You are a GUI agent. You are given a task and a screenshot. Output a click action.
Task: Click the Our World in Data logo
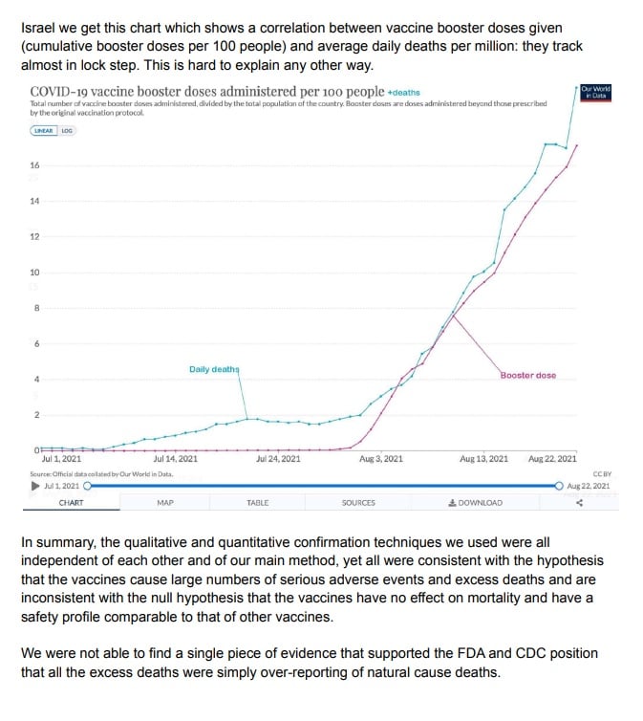(595, 93)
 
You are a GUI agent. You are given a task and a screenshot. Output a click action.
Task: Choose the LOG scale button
(67, 130)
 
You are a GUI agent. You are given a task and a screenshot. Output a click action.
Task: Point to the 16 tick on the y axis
(35, 165)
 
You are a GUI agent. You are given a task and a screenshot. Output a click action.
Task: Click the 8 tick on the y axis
(36, 308)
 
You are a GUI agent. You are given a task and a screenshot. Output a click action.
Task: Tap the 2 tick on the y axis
(36, 415)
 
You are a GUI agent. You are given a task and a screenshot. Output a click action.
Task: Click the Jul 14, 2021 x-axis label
(175, 459)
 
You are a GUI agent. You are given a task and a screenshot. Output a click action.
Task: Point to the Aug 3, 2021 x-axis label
(381, 459)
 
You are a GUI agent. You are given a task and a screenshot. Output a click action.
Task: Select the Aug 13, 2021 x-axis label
(484, 459)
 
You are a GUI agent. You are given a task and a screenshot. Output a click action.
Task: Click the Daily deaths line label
(214, 369)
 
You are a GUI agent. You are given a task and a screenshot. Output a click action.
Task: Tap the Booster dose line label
(527, 376)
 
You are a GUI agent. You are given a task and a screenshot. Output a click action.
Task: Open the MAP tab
(164, 503)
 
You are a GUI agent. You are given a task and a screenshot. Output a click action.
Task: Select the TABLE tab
(258, 503)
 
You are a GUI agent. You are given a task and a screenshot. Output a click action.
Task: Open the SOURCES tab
(358, 503)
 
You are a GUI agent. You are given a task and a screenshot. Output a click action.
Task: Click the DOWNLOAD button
(475, 503)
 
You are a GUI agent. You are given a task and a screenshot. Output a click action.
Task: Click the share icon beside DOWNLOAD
(579, 503)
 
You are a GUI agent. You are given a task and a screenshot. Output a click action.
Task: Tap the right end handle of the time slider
(559, 486)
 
